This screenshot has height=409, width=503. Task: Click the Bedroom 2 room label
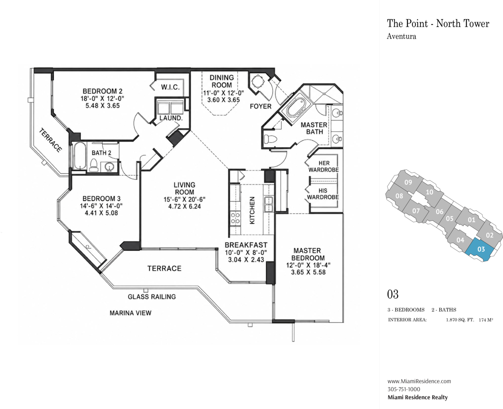point(103,91)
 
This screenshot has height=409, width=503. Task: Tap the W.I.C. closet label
point(171,87)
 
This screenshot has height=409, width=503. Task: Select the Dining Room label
point(222,81)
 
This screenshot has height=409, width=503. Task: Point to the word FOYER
point(260,106)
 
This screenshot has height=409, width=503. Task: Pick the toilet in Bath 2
point(94,165)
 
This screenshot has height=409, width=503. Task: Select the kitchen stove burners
point(235,218)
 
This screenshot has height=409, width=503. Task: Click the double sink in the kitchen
point(269,204)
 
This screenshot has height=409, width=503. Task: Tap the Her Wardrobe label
point(324,166)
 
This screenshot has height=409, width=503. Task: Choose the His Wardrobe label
point(323,194)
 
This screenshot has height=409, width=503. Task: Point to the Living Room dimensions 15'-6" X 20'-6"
point(185,199)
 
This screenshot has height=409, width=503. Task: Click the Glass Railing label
point(152,297)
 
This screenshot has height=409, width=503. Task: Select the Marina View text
point(130,313)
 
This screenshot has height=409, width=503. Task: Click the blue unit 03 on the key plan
point(481,249)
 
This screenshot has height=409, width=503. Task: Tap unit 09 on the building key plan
point(408,182)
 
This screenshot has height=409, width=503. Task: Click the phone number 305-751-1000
point(404,389)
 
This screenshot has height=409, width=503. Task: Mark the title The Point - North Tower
point(438,24)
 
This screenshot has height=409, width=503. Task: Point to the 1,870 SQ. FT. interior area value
point(460,320)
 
